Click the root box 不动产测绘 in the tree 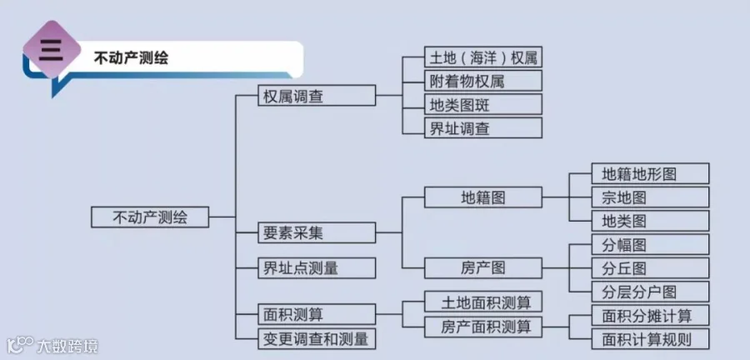click(150, 217)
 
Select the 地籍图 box click(483, 197)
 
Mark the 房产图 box click(483, 267)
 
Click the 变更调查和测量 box click(317, 339)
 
